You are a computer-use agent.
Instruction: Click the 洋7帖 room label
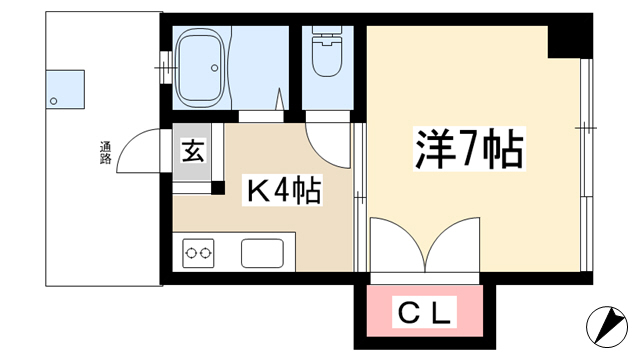469,149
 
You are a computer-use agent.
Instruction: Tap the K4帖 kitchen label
282,190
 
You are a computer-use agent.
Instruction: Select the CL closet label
424,312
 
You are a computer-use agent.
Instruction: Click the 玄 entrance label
193,151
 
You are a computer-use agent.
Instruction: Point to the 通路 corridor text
105,153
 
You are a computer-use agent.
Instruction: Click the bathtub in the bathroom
200,68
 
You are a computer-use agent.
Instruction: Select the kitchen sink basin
262,253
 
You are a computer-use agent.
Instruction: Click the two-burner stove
198,253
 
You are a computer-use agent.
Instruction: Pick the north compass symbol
607,327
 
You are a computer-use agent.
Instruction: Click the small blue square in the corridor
65,89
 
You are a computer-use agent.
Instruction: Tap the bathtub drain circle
215,68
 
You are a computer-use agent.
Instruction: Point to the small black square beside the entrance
218,188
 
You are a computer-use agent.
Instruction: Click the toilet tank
327,30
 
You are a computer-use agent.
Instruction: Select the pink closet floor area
424,311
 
